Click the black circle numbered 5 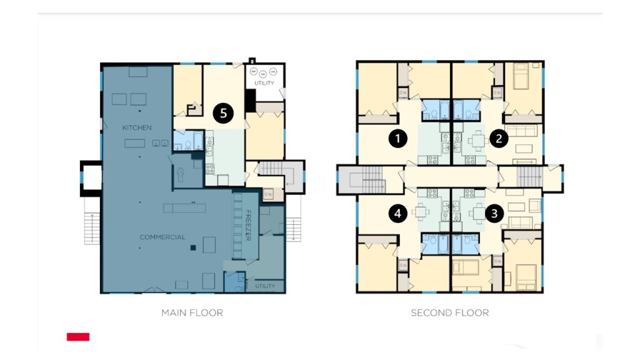click(x=223, y=113)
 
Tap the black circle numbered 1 click(x=397, y=139)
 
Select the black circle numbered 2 click(x=498, y=139)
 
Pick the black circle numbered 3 click(x=494, y=214)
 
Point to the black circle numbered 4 click(x=397, y=214)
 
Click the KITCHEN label click(x=137, y=127)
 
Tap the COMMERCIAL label click(x=162, y=237)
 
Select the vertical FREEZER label click(x=247, y=225)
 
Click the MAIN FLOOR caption click(x=192, y=313)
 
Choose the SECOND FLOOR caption click(x=450, y=313)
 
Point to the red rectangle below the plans click(x=78, y=337)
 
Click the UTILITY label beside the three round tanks click(x=264, y=83)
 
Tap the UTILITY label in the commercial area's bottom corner click(x=265, y=286)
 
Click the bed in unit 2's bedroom click(x=521, y=76)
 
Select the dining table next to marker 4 click(x=421, y=212)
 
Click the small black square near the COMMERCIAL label click(x=194, y=247)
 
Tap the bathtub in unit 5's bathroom click(x=198, y=141)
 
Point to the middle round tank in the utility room click(x=263, y=74)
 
